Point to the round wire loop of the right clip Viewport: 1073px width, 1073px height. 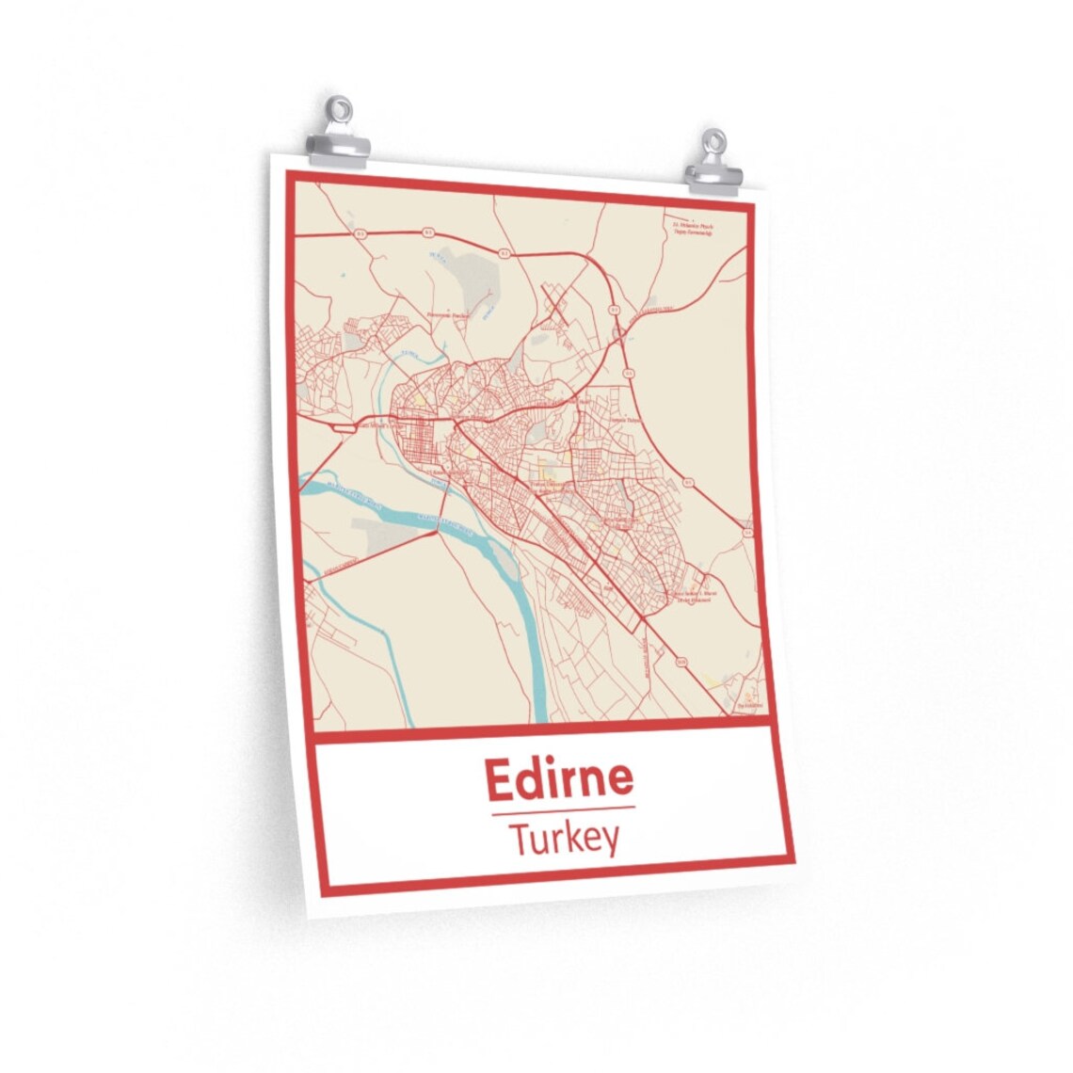(x=715, y=140)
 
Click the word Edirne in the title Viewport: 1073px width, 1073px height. (x=559, y=777)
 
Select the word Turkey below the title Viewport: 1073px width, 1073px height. (x=564, y=838)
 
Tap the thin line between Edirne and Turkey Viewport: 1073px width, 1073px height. (x=563, y=808)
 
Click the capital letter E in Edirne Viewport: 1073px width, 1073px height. (x=499, y=777)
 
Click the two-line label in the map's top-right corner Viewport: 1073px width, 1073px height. (x=692, y=229)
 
